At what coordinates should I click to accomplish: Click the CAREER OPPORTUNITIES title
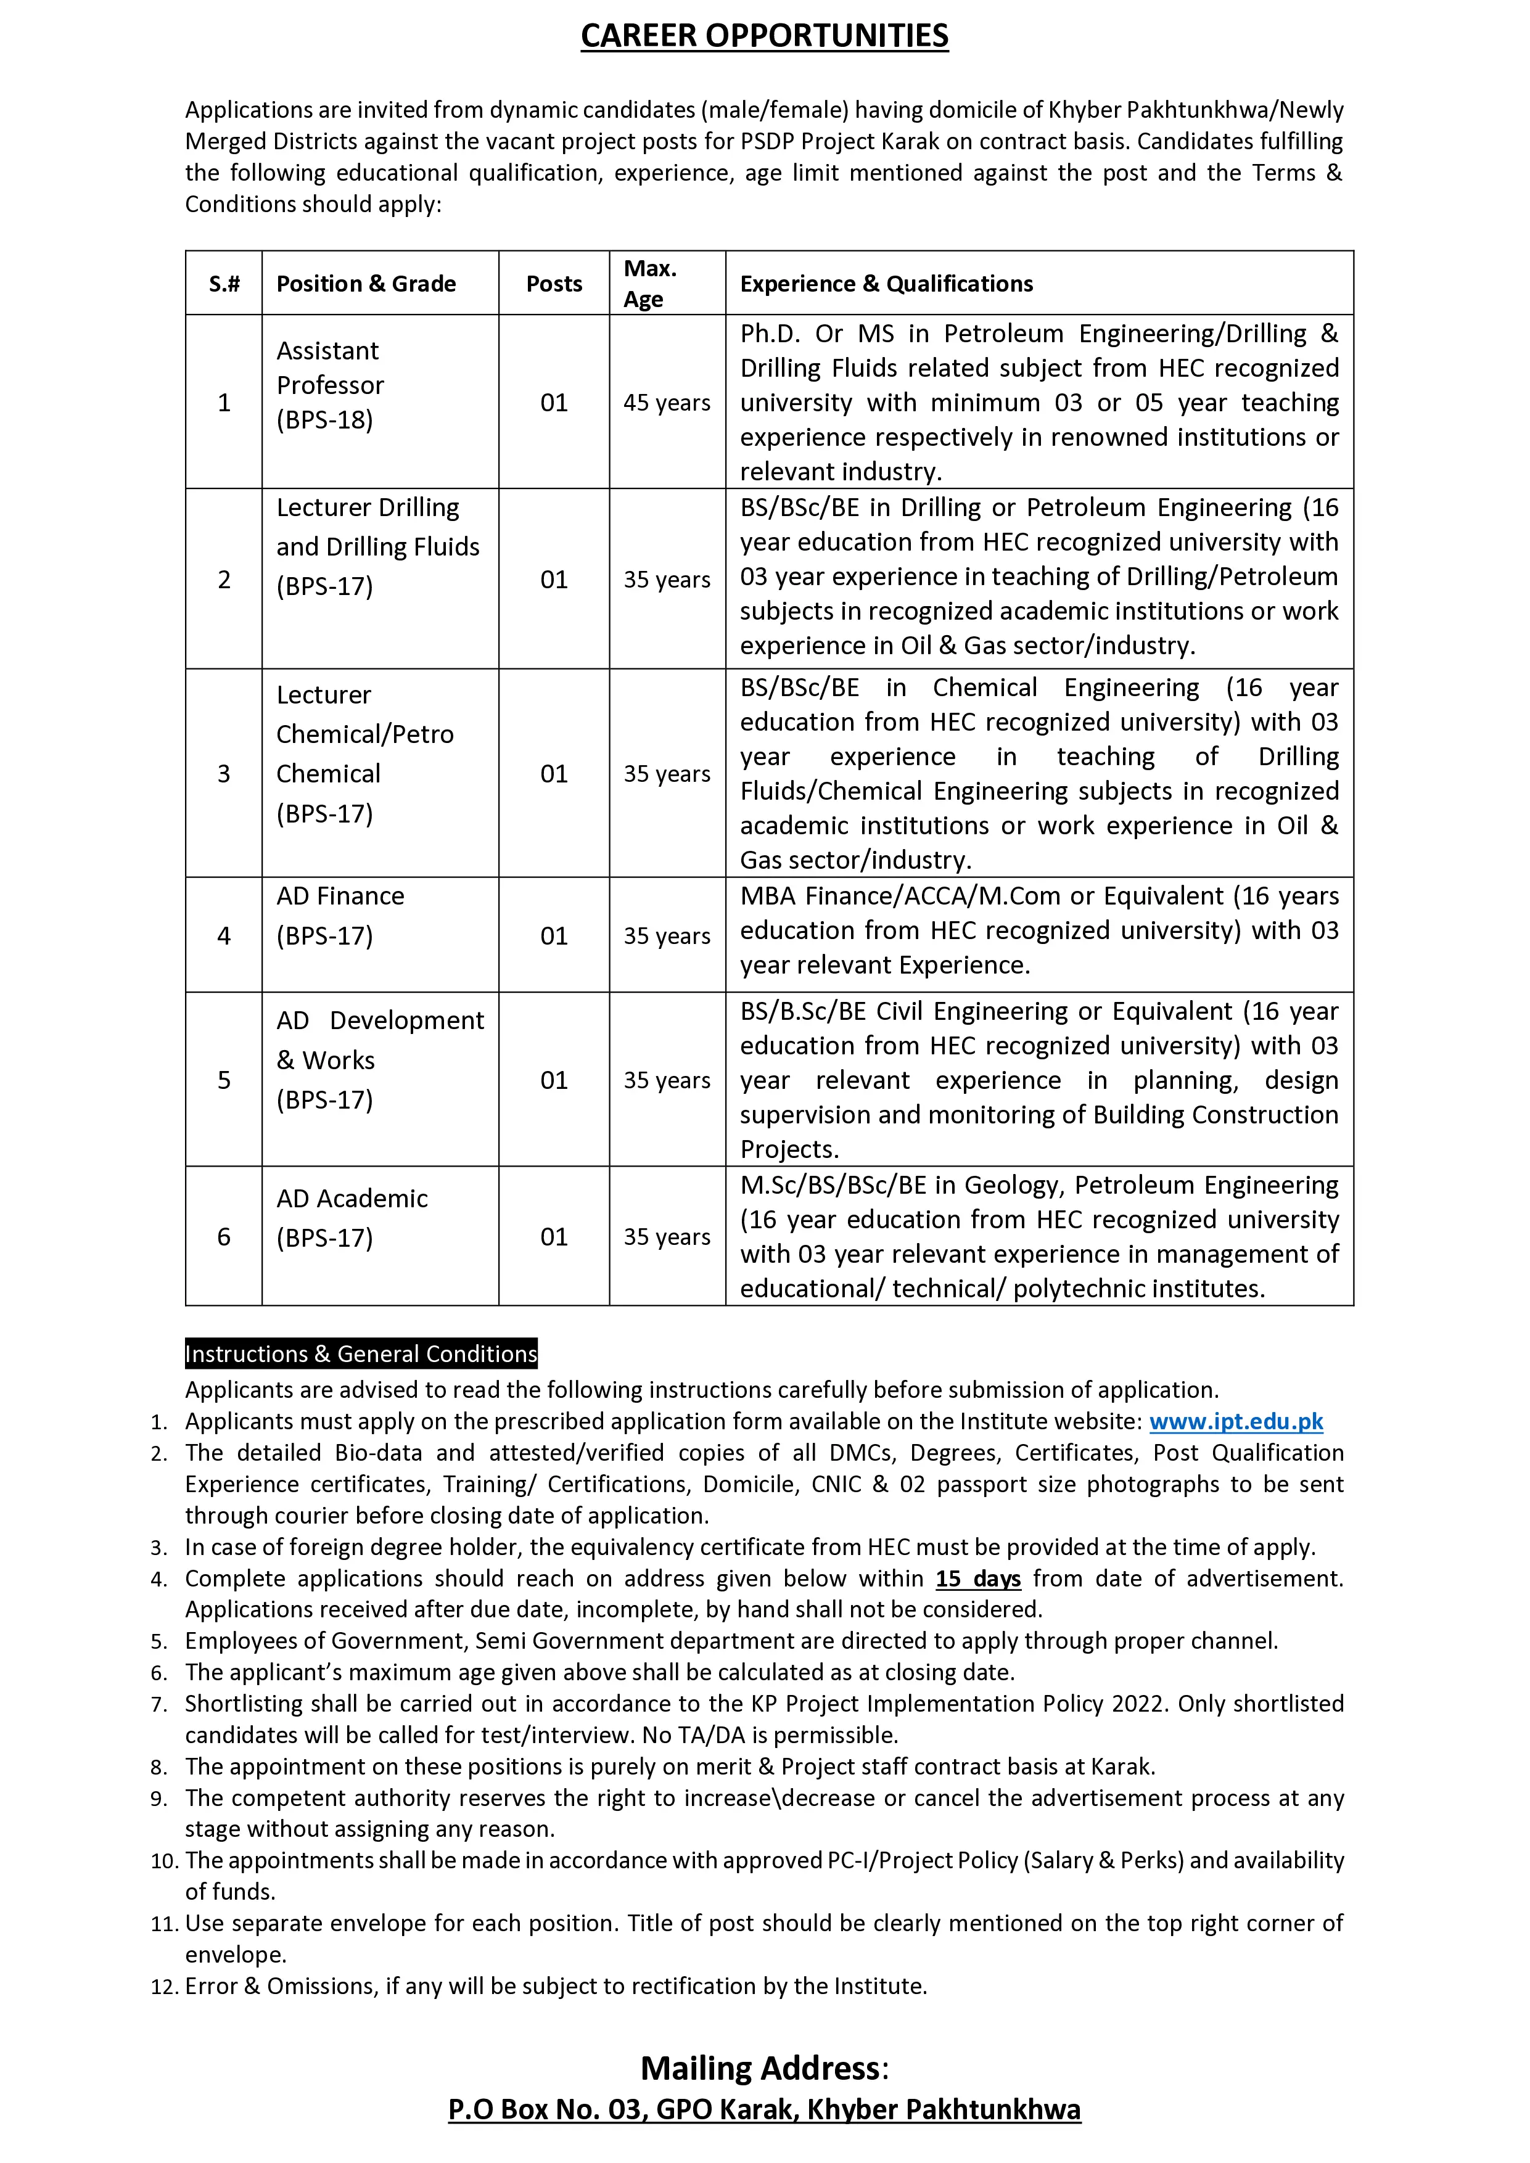(x=764, y=36)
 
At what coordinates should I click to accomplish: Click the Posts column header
(x=554, y=284)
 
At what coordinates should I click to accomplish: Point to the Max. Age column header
(x=650, y=284)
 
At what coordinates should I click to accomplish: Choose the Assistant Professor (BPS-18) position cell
(x=330, y=385)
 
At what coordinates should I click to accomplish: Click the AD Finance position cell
(x=340, y=916)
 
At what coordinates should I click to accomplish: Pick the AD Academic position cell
(x=352, y=1217)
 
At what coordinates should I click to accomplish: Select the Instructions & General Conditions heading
(x=361, y=1354)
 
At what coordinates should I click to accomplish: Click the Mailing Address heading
(x=764, y=2068)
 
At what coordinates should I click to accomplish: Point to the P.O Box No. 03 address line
(x=764, y=2109)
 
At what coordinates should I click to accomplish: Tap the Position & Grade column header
(x=366, y=284)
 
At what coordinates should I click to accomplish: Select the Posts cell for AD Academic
(x=554, y=1236)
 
